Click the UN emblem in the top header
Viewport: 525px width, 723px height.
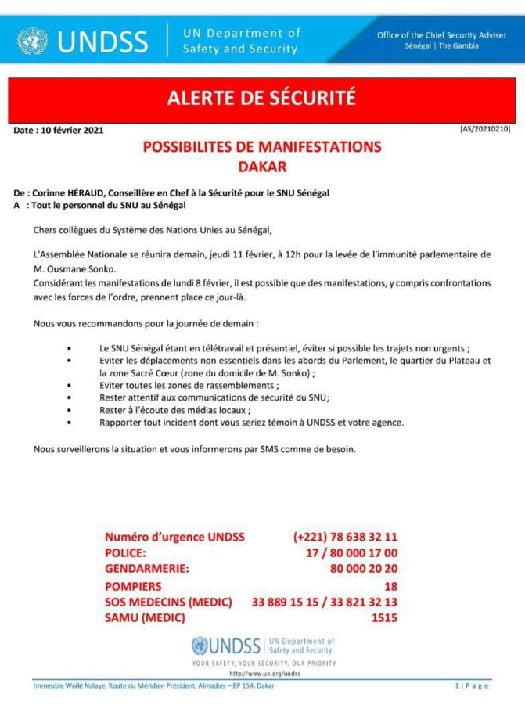click(x=32, y=40)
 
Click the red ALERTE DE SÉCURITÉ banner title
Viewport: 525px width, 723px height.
click(x=261, y=98)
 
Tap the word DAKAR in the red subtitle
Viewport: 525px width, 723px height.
click(x=261, y=165)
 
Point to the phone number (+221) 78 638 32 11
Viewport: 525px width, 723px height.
click(x=345, y=538)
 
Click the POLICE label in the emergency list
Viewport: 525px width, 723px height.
click(x=126, y=553)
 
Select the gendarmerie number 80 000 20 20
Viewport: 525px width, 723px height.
click(x=363, y=569)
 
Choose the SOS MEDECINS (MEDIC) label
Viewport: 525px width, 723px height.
click(x=168, y=602)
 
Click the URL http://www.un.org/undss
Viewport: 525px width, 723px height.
click(x=264, y=673)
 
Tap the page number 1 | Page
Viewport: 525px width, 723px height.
click(x=472, y=685)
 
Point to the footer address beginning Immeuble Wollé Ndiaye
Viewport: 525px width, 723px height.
click(x=153, y=685)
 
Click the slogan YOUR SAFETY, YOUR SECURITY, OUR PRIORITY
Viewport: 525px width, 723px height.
click(x=264, y=663)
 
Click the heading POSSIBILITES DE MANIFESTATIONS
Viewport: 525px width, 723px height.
click(x=261, y=147)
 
